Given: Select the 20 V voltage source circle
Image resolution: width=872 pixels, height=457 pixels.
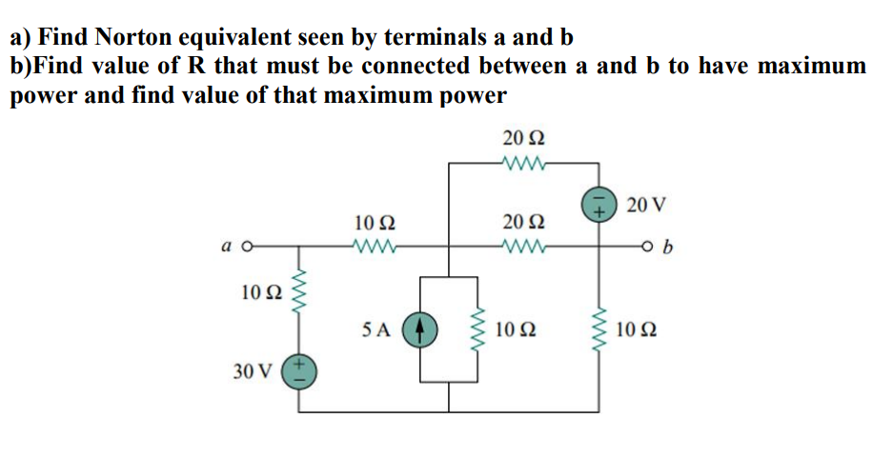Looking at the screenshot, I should pyautogui.click(x=599, y=204).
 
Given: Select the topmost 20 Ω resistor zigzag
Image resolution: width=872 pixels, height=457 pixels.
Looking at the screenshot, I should pyautogui.click(x=523, y=164).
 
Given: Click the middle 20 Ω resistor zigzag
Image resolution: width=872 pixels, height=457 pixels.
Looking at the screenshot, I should pyautogui.click(x=523, y=249).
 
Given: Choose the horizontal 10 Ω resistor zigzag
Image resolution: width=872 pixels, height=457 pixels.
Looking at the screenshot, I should pyautogui.click(x=375, y=249).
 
